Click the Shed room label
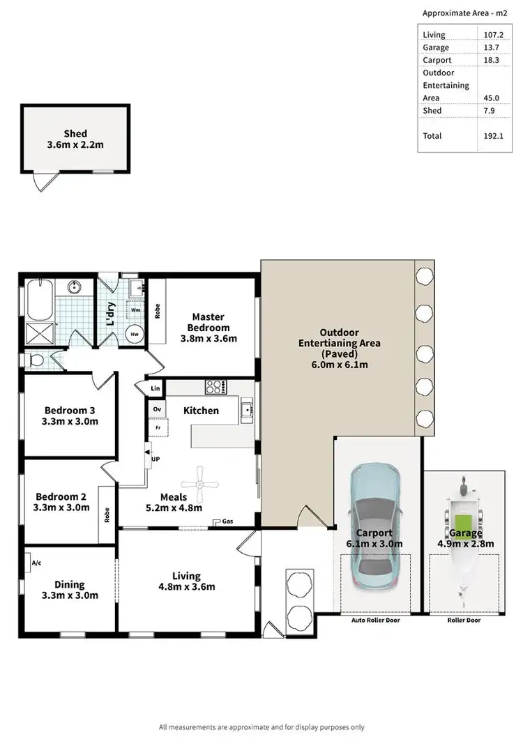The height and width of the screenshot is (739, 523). click(x=75, y=133)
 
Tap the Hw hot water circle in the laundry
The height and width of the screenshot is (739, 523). click(x=134, y=334)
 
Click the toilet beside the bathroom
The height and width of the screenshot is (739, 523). click(x=36, y=360)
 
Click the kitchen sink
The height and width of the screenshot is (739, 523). click(x=246, y=411)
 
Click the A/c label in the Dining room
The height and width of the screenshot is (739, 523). click(x=36, y=562)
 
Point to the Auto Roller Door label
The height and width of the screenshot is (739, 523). click(x=376, y=620)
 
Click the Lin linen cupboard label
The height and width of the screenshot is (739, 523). click(x=155, y=388)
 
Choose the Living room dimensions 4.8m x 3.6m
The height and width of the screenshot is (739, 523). click(x=186, y=587)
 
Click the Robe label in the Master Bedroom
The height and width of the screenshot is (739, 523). click(x=157, y=312)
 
